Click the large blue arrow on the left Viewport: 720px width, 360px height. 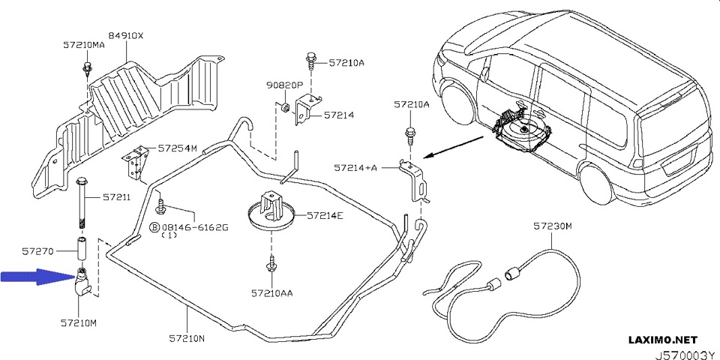[x=34, y=277]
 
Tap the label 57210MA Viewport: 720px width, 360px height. [x=83, y=45]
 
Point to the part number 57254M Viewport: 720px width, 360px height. [x=177, y=148]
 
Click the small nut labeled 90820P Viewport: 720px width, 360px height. [x=286, y=112]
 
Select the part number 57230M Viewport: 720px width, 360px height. [x=553, y=225]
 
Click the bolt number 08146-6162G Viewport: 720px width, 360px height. [x=195, y=226]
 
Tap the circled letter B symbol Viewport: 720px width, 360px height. [x=155, y=226]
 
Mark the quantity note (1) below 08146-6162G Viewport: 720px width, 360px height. [x=169, y=235]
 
